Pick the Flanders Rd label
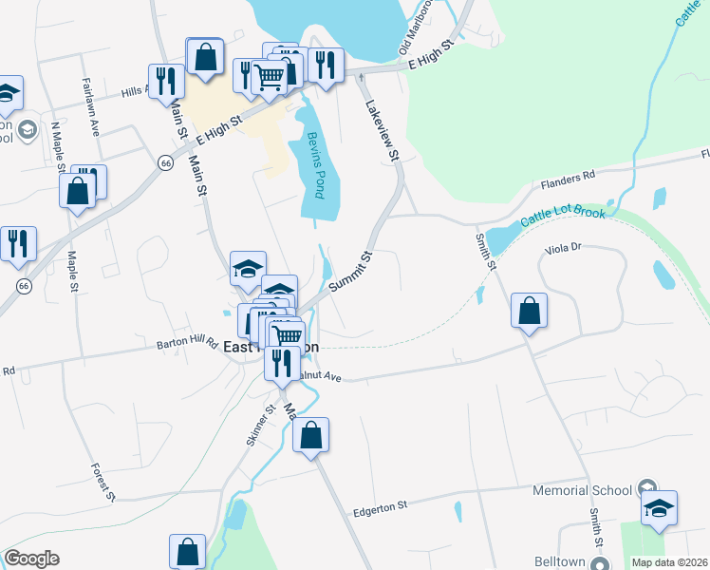click(x=567, y=177)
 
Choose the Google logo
click(x=31, y=559)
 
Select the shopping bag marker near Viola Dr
click(x=529, y=311)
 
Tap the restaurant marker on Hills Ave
click(x=165, y=81)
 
